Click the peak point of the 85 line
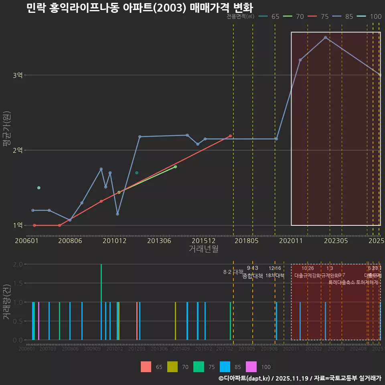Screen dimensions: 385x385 click(x=325, y=37)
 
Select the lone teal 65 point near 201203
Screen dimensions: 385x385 click(x=137, y=173)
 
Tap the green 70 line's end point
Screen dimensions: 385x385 click(x=175, y=166)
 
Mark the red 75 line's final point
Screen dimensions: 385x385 click(x=230, y=136)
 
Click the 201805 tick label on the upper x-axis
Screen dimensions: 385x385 click(x=246, y=241)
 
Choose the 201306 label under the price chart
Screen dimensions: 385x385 click(x=159, y=241)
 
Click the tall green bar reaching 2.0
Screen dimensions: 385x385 click(x=101, y=302)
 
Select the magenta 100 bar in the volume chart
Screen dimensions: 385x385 click(x=38, y=321)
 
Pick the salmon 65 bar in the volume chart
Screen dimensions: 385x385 click(x=137, y=321)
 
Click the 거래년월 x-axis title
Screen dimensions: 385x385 click(x=203, y=249)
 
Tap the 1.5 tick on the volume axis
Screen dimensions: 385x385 click(x=18, y=283)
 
